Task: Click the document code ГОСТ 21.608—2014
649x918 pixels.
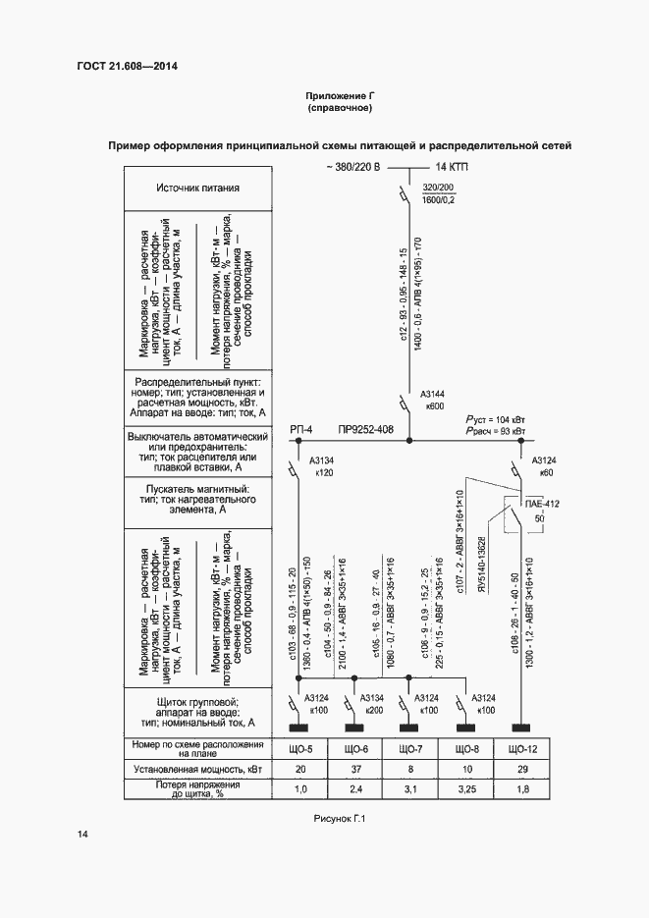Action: tap(123, 67)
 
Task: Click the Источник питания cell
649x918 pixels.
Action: tap(197, 189)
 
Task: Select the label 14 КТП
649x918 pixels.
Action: tap(452, 167)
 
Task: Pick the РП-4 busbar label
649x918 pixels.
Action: tap(301, 429)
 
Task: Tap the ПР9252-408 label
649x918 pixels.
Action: tap(365, 429)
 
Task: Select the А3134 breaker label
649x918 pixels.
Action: tap(322, 460)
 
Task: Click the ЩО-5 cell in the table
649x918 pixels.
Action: tap(303, 749)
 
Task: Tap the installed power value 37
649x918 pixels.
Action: tap(356, 769)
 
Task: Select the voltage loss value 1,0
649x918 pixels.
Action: tap(303, 788)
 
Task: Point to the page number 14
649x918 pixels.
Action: tap(82, 835)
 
